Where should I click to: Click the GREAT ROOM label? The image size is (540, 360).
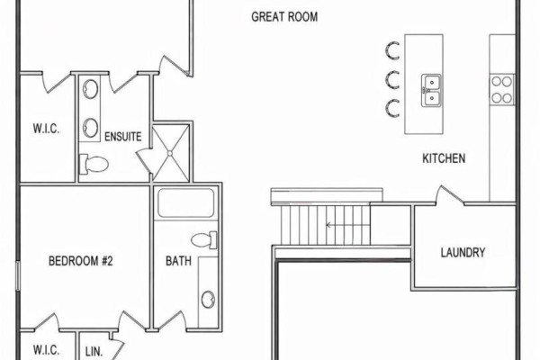pyautogui.click(x=284, y=17)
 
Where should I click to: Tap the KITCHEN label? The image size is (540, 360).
pyautogui.click(x=444, y=158)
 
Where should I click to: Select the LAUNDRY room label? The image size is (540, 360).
pyautogui.click(x=463, y=253)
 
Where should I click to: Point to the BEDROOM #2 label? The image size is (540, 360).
pyautogui.click(x=81, y=261)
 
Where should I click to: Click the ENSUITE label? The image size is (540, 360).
pyautogui.click(x=123, y=137)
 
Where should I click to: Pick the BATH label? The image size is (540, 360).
pyautogui.click(x=178, y=261)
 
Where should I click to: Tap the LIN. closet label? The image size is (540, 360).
pyautogui.click(x=94, y=352)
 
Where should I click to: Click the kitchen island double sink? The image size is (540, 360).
pyautogui.click(x=431, y=90)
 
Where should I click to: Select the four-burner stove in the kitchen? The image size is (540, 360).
pyautogui.click(x=502, y=90)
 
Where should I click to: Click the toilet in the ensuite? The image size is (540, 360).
pyautogui.click(x=94, y=164)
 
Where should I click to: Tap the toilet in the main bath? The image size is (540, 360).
pyautogui.click(x=204, y=239)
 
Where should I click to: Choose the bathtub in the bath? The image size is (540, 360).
pyautogui.click(x=186, y=202)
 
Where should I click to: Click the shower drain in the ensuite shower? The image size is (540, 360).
pyautogui.click(x=170, y=153)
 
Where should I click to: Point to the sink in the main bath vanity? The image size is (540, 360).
pyautogui.click(x=208, y=300)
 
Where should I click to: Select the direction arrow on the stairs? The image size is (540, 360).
pyautogui.click(x=347, y=225)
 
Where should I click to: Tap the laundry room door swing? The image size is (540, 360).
pyautogui.click(x=450, y=195)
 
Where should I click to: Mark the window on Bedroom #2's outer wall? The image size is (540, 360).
pyautogui.click(x=18, y=275)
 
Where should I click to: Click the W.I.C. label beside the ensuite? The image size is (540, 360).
pyautogui.click(x=46, y=129)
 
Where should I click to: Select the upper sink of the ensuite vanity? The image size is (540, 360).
pyautogui.click(x=90, y=89)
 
